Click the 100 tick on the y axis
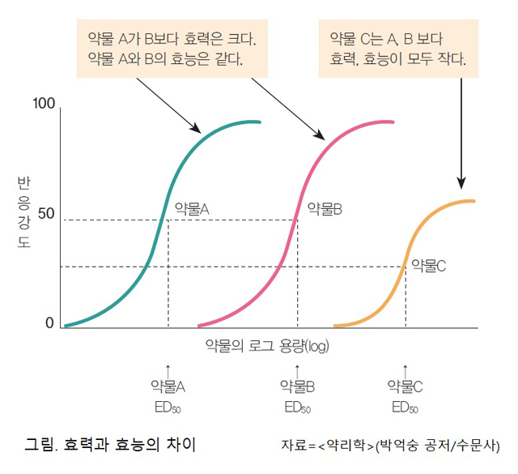point(43,105)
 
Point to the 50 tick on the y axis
point(44,214)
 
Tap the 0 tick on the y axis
point(49,323)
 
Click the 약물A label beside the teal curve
point(192,208)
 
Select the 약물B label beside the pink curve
point(325,208)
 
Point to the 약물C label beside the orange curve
point(429,264)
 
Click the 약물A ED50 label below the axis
point(168,395)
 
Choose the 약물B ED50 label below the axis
point(297,395)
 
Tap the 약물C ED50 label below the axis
point(405,395)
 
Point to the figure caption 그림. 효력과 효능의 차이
point(111,445)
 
